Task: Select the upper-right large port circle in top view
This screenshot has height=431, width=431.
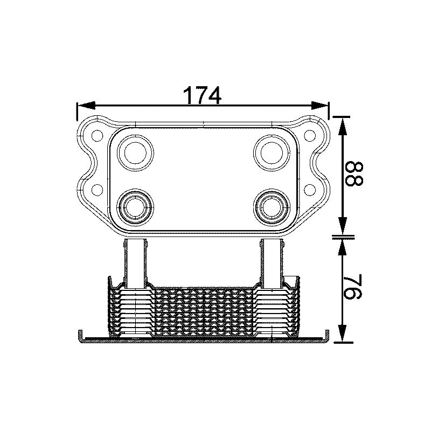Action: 273,152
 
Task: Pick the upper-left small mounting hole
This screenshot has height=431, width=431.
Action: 98,135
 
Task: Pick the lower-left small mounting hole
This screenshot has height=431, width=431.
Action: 98,189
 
